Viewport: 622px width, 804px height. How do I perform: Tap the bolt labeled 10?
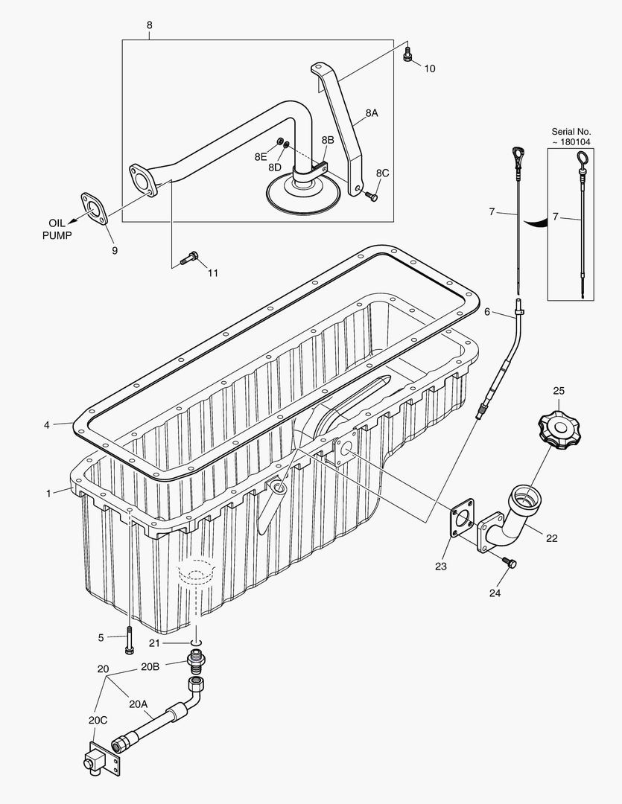tap(407, 56)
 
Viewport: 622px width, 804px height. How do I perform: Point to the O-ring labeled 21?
tap(195, 642)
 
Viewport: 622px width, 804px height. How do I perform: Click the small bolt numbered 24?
tap(509, 564)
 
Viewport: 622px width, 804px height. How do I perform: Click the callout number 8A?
tap(371, 113)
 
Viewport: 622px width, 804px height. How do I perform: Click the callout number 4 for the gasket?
tap(47, 424)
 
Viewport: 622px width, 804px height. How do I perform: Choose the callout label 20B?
tap(150, 667)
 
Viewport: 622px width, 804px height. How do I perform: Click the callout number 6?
tap(487, 312)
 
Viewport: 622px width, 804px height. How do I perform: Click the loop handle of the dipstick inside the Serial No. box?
tap(583, 159)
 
